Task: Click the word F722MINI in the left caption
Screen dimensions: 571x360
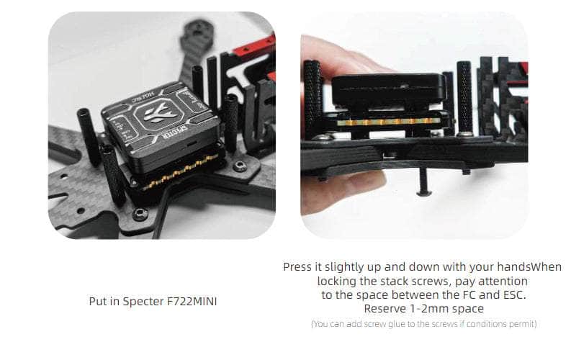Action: pyautogui.click(x=192, y=302)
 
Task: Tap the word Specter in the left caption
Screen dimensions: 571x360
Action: pyautogui.click(x=143, y=302)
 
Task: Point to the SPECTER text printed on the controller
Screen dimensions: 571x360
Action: pyautogui.click(x=176, y=132)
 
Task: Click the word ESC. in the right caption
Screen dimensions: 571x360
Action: pyautogui.click(x=515, y=295)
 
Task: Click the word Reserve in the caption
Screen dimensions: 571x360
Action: pyautogui.click(x=385, y=309)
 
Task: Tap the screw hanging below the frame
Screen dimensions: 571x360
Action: pyautogui.click(x=423, y=181)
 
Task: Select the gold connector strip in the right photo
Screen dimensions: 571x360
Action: pyautogui.click(x=387, y=122)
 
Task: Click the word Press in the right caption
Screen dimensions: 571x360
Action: pyautogui.click(x=297, y=267)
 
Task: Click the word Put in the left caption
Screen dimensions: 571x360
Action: pyautogui.click(x=98, y=302)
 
